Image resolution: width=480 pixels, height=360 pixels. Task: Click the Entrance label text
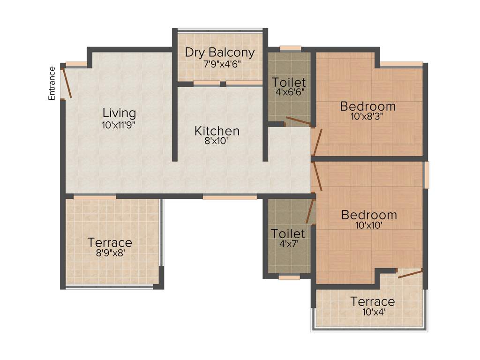52,83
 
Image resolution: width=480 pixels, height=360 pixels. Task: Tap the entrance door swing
67,82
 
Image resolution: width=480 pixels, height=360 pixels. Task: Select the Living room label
120,113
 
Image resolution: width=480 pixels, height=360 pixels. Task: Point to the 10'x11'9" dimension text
120,125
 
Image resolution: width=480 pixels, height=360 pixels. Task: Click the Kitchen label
217,131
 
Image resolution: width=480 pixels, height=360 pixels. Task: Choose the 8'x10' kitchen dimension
217,141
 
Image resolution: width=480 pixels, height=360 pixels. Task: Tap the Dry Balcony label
220,52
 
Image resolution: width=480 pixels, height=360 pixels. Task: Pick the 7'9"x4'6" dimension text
220,64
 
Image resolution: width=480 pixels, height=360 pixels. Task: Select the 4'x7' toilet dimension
288,244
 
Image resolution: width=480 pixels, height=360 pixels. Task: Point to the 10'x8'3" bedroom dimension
368,117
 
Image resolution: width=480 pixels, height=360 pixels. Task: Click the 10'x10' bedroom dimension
369,225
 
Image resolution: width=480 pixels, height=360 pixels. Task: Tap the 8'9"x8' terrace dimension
110,254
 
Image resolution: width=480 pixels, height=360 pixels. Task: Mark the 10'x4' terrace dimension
373,312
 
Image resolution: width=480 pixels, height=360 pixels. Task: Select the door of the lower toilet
310,210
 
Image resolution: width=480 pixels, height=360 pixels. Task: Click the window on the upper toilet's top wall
290,48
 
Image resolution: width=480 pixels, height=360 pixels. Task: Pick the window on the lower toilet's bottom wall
289,277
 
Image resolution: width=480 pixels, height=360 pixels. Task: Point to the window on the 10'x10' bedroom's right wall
426,175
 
